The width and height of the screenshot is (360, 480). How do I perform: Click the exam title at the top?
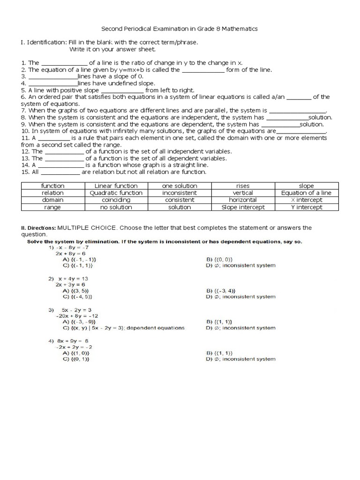pyautogui.click(x=180, y=29)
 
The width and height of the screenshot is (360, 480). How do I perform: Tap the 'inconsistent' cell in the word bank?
pyautogui.click(x=180, y=193)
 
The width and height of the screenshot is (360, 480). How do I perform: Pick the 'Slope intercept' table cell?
pyautogui.click(x=243, y=207)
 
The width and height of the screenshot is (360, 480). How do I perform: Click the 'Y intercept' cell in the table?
pyautogui.click(x=306, y=207)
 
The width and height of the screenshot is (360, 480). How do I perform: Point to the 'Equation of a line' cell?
pyautogui.click(x=306, y=193)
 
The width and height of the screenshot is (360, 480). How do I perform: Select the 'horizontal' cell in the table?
pyautogui.click(x=243, y=200)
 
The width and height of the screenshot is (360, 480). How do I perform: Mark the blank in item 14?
pyautogui.click(x=60, y=165)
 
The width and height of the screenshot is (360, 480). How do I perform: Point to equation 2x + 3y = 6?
pyautogui.click(x=70, y=285)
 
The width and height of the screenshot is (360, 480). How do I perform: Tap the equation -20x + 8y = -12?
pyautogui.click(x=74, y=316)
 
